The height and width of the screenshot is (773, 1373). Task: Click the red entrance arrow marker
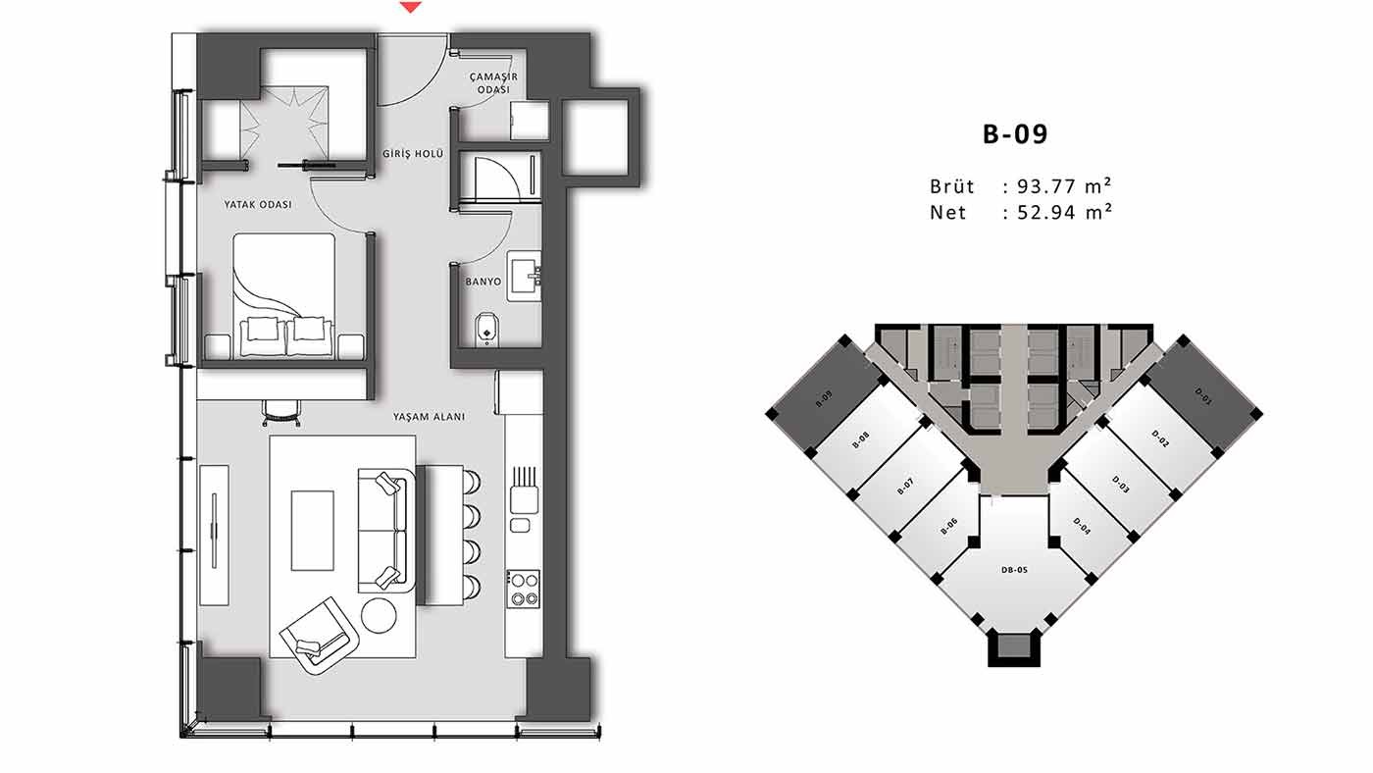[411, 7]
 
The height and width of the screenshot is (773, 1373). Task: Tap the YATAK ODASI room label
[257, 204]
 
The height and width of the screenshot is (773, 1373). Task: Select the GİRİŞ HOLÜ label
[413, 154]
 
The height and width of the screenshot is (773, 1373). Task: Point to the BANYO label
[483, 282]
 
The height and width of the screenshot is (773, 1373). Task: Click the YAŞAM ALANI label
[429, 417]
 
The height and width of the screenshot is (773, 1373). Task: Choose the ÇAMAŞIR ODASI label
[493, 82]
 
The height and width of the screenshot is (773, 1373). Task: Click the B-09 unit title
[1015, 134]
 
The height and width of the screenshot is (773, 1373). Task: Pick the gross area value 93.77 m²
[1065, 185]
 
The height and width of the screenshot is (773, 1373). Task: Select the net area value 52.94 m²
[1065, 212]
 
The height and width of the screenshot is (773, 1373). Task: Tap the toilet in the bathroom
[486, 329]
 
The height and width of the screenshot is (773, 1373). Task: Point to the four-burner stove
[523, 590]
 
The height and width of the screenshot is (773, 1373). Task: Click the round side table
[379, 616]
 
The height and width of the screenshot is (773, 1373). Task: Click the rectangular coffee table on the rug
[313, 531]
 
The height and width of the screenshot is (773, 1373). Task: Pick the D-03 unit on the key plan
[1119, 485]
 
